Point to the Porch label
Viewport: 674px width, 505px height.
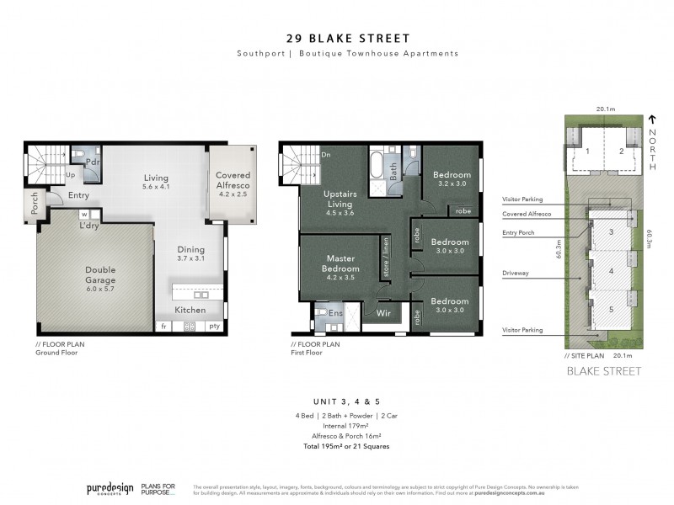34,206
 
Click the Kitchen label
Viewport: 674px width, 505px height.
190,311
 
